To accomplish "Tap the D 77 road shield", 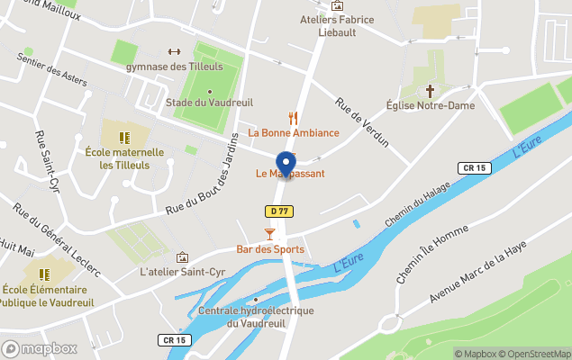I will pyautogui.click(x=280, y=211).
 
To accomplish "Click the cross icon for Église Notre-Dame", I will pyautogui.click(x=431, y=91).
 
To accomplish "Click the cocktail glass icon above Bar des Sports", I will pyautogui.click(x=268, y=234).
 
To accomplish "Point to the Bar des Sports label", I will pyautogui.click(x=270, y=249).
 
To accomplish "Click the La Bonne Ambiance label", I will pyautogui.click(x=294, y=133).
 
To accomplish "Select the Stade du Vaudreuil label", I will pyautogui.click(x=209, y=105).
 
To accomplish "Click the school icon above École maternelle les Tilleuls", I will pyautogui.click(x=124, y=138).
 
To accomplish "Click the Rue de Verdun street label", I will pyautogui.click(x=362, y=123).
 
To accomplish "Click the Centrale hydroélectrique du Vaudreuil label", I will pyautogui.click(x=256, y=317).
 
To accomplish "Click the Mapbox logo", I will pyautogui.click(x=40, y=348).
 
